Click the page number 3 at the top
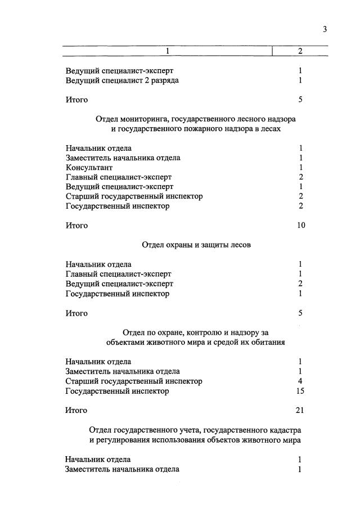point(325,29)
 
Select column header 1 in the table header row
point(167,51)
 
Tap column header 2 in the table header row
point(300,51)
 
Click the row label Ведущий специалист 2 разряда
point(122,80)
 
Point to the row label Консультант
point(89,167)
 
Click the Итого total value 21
point(299,411)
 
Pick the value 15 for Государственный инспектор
point(300,391)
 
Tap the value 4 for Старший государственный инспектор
point(301,381)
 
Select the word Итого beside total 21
point(76,411)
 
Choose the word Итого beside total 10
point(76,226)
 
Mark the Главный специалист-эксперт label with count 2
point(119,177)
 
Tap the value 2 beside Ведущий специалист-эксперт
point(301,284)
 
